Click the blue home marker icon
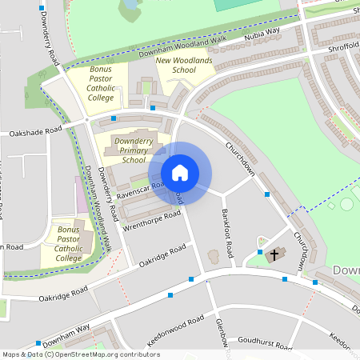(x=180, y=173)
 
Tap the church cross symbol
(x=274, y=255)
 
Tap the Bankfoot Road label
(x=226, y=232)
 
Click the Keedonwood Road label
(x=177, y=334)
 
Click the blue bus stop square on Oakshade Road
(x=114, y=118)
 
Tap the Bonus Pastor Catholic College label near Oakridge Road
(x=69, y=243)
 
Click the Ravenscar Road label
(x=140, y=189)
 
